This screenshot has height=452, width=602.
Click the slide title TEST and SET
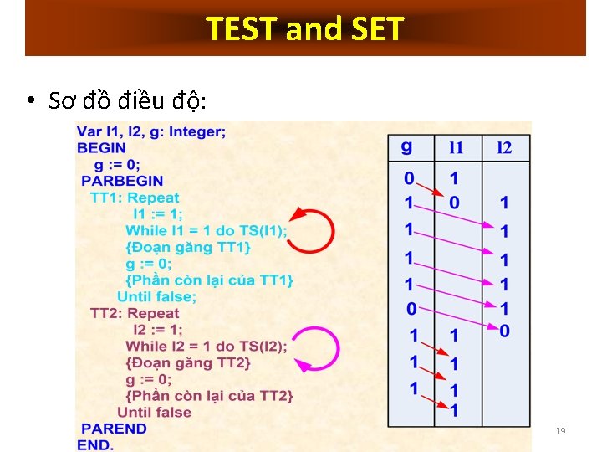pyautogui.click(x=305, y=29)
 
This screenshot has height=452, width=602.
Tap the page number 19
pyautogui.click(x=560, y=431)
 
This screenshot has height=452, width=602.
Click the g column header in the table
pyautogui.click(x=407, y=148)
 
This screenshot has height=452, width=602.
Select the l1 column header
pyautogui.click(x=456, y=148)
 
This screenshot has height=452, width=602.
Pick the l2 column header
pyautogui.click(x=503, y=148)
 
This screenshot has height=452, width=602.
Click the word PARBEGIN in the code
pyautogui.click(x=122, y=181)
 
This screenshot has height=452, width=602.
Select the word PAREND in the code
pyautogui.click(x=111, y=429)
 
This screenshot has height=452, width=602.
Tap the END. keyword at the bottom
pyautogui.click(x=94, y=444)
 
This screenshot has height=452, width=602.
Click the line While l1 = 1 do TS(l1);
pyautogui.click(x=207, y=230)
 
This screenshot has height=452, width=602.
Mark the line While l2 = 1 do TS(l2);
pyautogui.click(x=207, y=346)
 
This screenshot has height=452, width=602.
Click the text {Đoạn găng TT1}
pyautogui.click(x=188, y=247)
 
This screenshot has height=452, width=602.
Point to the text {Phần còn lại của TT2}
pyautogui.click(x=209, y=395)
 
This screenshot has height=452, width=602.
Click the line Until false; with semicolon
pyautogui.click(x=157, y=296)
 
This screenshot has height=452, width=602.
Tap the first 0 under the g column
pyautogui.click(x=409, y=178)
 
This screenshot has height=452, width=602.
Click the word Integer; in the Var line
pyautogui.click(x=196, y=131)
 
